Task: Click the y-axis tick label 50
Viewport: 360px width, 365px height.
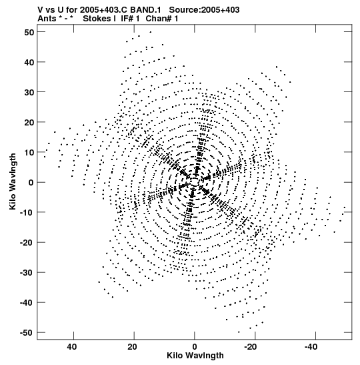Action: click(x=29, y=32)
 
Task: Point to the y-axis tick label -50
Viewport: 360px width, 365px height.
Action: click(x=27, y=333)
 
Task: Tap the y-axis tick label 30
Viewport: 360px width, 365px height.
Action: click(x=29, y=92)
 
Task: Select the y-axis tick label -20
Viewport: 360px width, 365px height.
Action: click(x=27, y=243)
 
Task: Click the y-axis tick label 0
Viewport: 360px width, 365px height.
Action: click(x=31, y=183)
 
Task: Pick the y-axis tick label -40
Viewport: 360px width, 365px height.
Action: click(x=27, y=303)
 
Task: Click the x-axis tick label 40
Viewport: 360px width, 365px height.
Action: click(x=72, y=347)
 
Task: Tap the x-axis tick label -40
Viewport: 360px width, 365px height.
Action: click(x=311, y=347)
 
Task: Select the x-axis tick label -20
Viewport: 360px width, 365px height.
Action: click(x=250, y=347)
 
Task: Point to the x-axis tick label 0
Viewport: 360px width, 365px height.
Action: click(x=195, y=347)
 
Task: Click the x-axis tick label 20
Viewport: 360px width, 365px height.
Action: click(x=132, y=347)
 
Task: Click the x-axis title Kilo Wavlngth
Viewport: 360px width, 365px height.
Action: click(x=195, y=356)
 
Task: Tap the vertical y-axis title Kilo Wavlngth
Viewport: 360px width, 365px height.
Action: click(x=13, y=181)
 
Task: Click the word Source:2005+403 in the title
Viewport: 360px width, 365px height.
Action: click(x=204, y=10)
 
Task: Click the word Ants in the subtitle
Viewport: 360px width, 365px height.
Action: click(x=47, y=19)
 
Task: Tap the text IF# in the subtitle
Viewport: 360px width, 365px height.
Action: click(x=127, y=19)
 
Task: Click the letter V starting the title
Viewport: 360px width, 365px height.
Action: click(x=40, y=10)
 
